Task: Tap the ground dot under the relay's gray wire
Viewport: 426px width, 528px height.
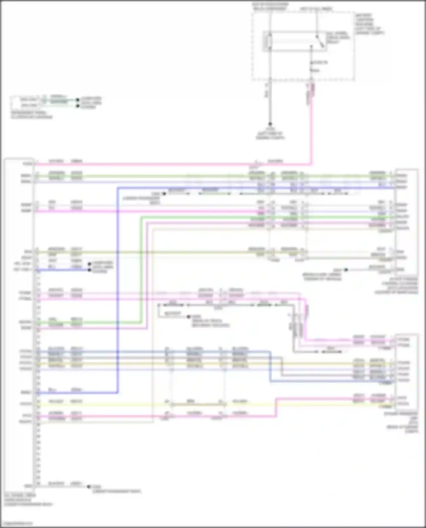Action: click(x=270, y=124)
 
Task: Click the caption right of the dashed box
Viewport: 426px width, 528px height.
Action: click(x=369, y=24)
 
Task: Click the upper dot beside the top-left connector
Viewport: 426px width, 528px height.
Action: click(x=78, y=100)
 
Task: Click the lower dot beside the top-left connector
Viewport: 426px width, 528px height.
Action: click(x=78, y=106)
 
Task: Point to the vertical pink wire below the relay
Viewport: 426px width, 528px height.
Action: click(x=311, y=128)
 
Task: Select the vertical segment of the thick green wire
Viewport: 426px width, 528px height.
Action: click(x=141, y=270)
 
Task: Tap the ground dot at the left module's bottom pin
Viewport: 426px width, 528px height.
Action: click(x=89, y=487)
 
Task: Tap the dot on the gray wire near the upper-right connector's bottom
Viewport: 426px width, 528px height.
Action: click(x=346, y=270)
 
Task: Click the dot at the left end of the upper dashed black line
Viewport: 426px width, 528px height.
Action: click(x=164, y=194)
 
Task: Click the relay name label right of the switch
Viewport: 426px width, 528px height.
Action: click(x=338, y=37)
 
